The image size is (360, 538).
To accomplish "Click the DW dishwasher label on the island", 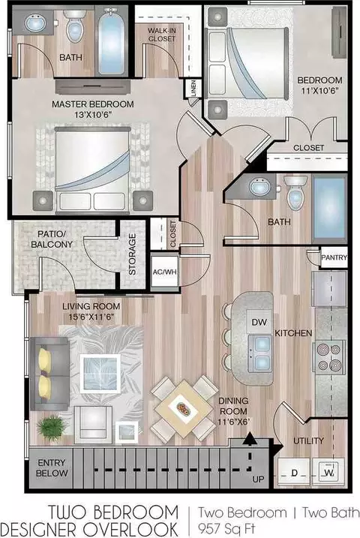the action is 259,322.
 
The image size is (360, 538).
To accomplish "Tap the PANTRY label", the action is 334,257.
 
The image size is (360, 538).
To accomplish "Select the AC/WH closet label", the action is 165,272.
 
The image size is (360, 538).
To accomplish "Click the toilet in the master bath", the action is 75,26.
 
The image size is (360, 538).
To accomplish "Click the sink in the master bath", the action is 35,23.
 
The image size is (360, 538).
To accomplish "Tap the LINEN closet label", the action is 193,89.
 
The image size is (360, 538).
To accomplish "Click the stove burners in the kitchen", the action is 328,357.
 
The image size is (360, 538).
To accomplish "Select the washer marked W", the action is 328,473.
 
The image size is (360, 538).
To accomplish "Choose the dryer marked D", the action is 294,473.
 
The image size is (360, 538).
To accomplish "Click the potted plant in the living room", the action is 52,428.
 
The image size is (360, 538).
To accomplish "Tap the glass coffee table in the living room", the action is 100,374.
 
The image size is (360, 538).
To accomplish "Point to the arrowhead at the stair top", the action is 250,438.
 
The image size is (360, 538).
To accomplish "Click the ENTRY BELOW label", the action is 52,467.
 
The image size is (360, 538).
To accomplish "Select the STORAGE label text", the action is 132,254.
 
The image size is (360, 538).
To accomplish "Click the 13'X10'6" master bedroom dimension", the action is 93,115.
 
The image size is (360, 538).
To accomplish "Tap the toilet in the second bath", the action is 295,193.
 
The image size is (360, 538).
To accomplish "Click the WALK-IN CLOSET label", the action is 162,35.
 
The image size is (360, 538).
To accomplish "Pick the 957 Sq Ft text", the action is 226,527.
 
